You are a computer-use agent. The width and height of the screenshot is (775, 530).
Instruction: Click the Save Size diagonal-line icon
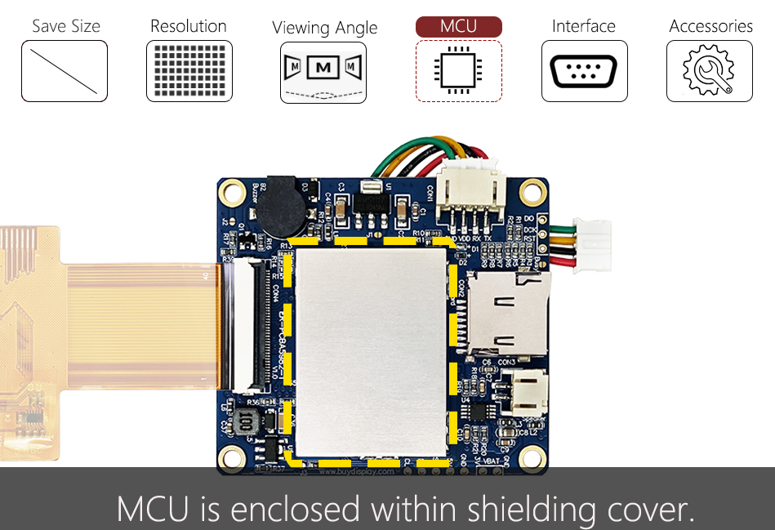click(64, 71)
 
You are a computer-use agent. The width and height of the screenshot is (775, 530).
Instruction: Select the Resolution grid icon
click(189, 71)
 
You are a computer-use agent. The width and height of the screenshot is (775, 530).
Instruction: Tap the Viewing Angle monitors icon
click(323, 72)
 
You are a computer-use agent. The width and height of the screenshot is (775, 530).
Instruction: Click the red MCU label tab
click(458, 26)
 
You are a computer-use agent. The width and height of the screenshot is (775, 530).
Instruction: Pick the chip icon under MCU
click(458, 71)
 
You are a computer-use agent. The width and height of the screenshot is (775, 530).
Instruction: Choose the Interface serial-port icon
click(584, 71)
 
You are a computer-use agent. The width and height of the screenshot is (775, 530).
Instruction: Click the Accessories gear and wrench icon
click(709, 71)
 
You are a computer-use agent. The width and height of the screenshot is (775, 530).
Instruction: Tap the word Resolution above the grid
click(189, 26)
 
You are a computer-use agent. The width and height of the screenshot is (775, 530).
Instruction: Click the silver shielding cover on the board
click(372, 351)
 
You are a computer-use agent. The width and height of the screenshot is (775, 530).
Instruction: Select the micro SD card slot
click(506, 314)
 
